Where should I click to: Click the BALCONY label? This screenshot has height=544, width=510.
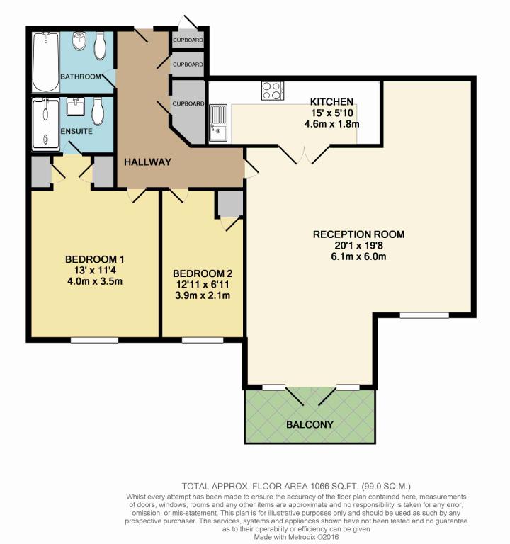click(x=310, y=424)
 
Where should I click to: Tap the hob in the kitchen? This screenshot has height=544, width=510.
click(x=273, y=91)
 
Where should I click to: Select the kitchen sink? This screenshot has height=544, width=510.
click(x=218, y=123)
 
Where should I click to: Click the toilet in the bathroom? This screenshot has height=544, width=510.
click(x=100, y=46)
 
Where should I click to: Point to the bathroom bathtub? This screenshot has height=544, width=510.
click(x=46, y=62)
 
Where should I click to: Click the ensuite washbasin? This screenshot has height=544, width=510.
click(x=75, y=106)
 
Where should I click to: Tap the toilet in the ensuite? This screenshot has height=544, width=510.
click(x=98, y=111)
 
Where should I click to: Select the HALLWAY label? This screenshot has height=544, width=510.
click(x=148, y=162)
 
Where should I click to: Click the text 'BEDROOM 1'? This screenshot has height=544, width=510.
click(x=95, y=259)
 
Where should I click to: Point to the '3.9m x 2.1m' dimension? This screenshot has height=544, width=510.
click(x=203, y=295)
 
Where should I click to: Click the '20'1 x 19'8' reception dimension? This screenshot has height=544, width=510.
click(x=358, y=245)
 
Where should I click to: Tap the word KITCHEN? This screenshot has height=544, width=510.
click(x=331, y=102)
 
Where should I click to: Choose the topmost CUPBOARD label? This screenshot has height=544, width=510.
click(x=188, y=40)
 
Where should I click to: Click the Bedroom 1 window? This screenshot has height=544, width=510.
click(x=94, y=340)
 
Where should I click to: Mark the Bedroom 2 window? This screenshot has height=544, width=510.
click(x=203, y=340)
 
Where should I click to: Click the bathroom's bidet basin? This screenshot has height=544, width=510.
click(x=79, y=41)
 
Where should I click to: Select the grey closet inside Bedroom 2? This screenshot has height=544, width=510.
click(x=230, y=203)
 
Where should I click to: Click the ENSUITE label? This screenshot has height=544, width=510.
click(x=76, y=132)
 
